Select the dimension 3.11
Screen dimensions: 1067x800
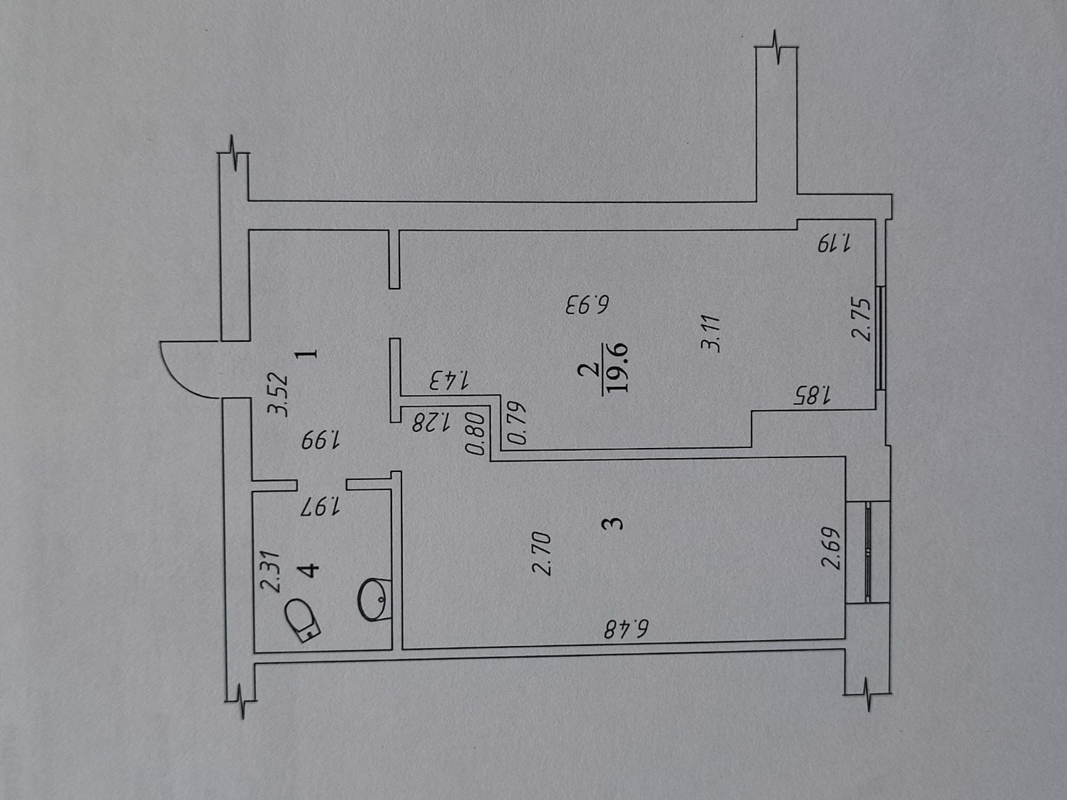[711, 333]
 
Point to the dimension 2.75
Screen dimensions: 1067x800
[862, 319]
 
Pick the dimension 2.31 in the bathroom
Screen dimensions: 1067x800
[270, 571]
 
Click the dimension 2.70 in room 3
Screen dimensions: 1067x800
[542, 553]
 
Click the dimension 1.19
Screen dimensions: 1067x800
[834, 243]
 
